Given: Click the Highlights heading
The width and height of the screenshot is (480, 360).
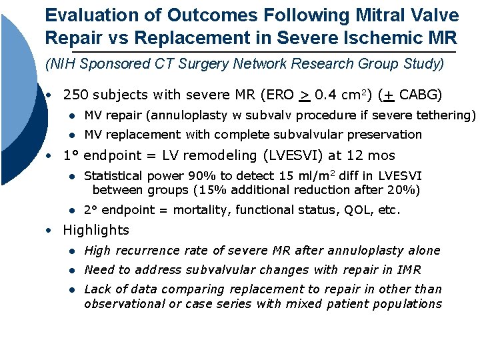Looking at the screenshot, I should (96, 231).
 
